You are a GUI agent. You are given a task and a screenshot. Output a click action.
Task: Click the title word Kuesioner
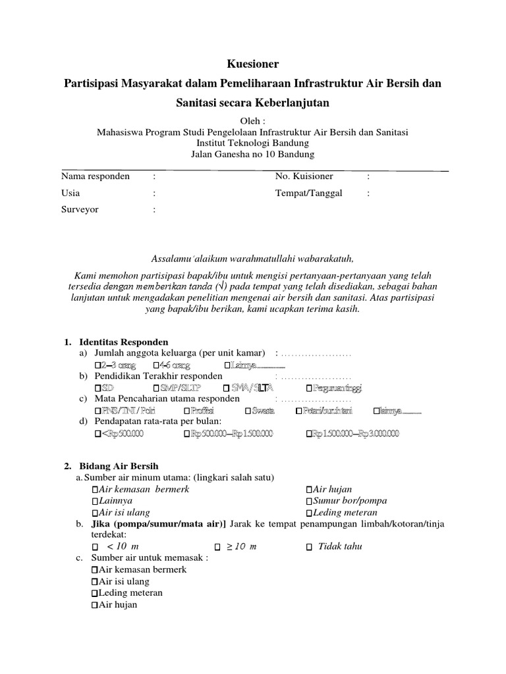click(252, 64)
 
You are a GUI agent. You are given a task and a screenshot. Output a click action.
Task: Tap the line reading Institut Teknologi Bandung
click(252, 143)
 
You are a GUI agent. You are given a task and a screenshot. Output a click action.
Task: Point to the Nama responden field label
click(95, 176)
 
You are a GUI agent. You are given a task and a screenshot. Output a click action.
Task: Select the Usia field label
click(70, 194)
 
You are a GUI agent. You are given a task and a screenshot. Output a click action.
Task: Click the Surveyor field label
click(80, 210)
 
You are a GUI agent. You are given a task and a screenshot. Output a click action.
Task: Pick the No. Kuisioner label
click(304, 176)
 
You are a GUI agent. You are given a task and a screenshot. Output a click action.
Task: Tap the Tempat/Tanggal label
click(306, 194)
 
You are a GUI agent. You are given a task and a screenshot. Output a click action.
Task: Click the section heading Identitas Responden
click(124, 343)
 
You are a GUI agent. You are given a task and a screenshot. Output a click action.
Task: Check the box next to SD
click(98, 388)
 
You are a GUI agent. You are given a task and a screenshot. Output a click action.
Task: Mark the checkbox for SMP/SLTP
click(155, 388)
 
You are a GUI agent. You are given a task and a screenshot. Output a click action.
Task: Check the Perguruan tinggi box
click(310, 388)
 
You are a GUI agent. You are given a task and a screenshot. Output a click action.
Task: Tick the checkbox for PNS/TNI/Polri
click(98, 411)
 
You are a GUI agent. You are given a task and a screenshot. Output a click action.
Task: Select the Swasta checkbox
click(248, 411)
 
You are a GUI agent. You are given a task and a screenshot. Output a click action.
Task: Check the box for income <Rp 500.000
click(98, 434)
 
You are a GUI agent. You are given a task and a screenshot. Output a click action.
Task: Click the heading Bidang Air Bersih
click(119, 466)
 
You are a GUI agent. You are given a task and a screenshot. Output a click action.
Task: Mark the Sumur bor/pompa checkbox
click(310, 501)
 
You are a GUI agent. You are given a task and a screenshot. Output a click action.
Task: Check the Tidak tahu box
click(310, 547)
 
